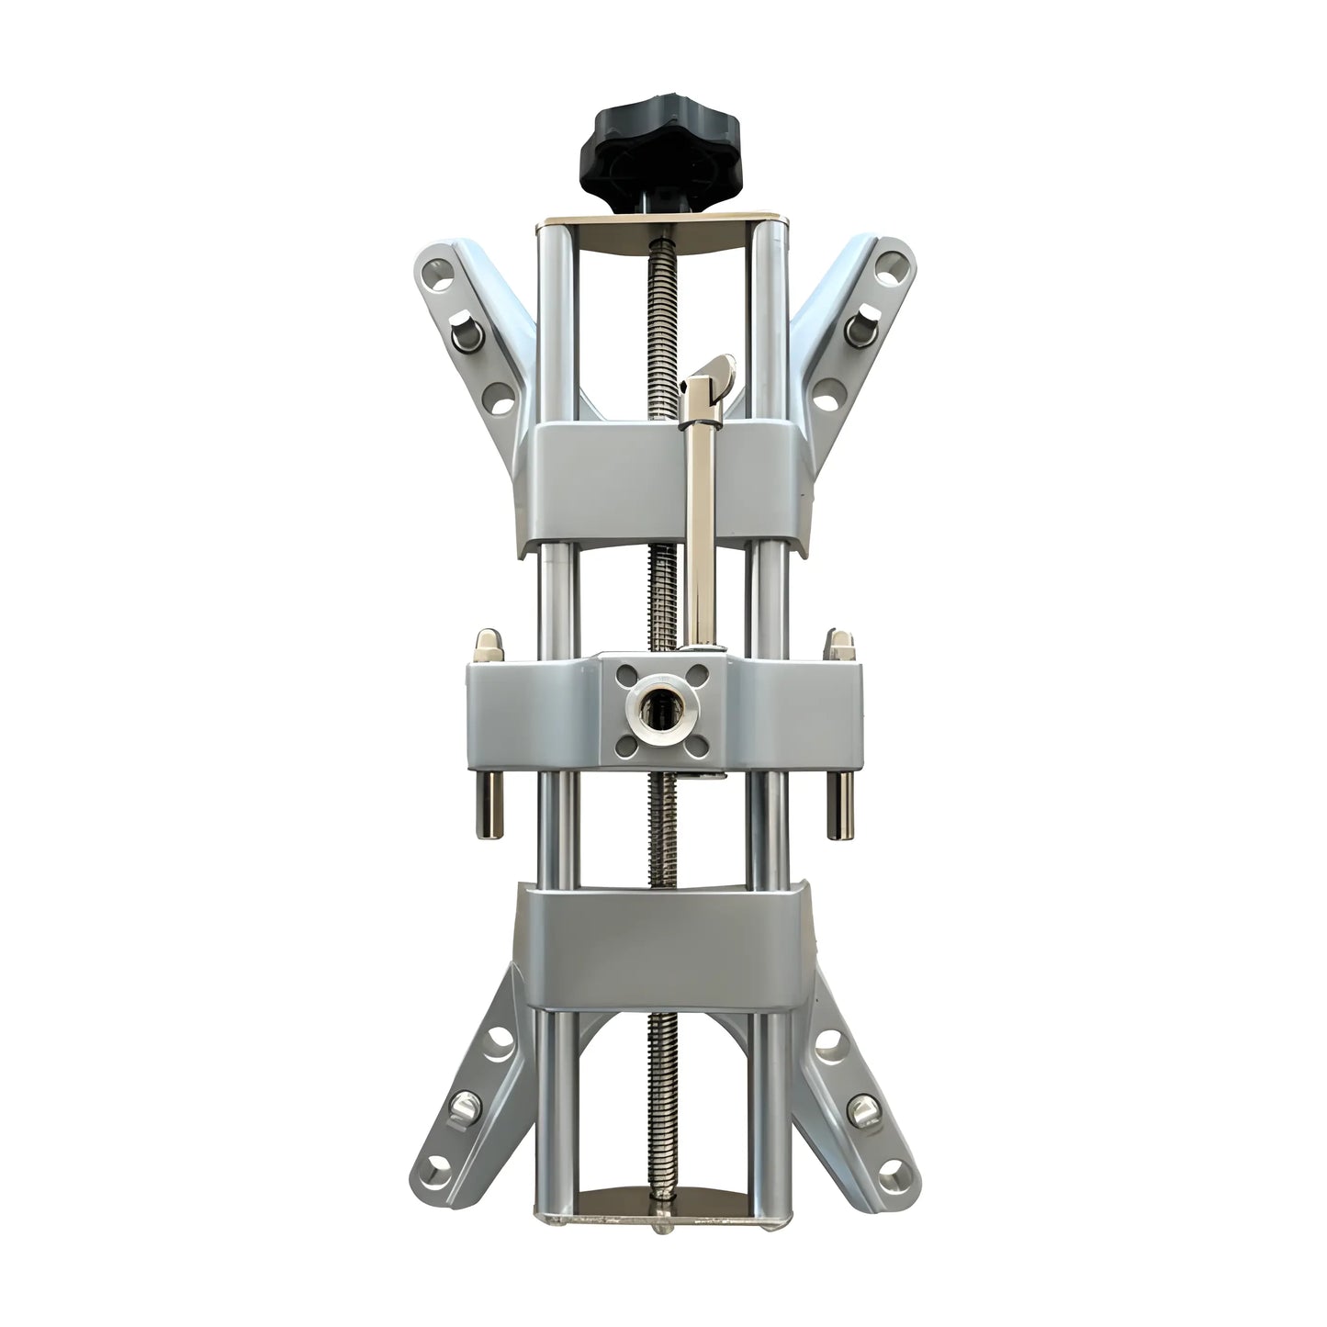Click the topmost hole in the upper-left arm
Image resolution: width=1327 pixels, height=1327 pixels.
coord(443,280)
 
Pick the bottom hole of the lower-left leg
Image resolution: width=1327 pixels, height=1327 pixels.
coord(439,1167)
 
